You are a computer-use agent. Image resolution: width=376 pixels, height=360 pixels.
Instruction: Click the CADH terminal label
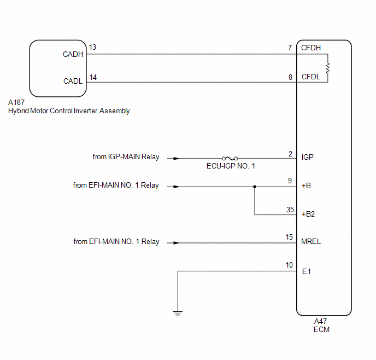pyautogui.click(x=73, y=54)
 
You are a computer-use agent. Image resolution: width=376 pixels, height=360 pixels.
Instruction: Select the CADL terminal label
pyautogui.click(x=73, y=81)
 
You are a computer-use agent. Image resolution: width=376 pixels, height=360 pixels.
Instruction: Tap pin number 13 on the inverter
pyautogui.click(x=92, y=47)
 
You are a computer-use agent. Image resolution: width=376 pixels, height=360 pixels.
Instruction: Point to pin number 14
pyautogui.click(x=93, y=77)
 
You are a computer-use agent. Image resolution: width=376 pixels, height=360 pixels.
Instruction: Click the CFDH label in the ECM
pyautogui.click(x=311, y=48)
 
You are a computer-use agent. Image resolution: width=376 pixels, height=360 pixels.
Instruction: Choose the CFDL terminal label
pyautogui.click(x=311, y=77)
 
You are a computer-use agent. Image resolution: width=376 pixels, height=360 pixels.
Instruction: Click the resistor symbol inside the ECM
pyautogui.click(x=327, y=68)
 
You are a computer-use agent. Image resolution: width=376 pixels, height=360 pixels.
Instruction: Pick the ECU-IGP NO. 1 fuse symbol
pyautogui.click(x=230, y=159)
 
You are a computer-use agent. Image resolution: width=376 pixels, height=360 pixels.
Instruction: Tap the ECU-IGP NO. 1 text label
pyautogui.click(x=231, y=166)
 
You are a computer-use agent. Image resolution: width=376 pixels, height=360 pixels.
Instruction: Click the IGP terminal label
pyautogui.click(x=308, y=157)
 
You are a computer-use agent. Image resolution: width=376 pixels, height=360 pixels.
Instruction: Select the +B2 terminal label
pyautogui.click(x=308, y=214)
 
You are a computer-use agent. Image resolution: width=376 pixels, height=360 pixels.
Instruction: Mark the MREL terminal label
pyautogui.click(x=311, y=241)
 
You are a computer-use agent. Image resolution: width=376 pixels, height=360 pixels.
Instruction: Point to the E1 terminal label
pyautogui.click(x=307, y=272)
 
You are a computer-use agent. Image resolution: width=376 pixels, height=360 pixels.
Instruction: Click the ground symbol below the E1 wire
pyautogui.click(x=178, y=313)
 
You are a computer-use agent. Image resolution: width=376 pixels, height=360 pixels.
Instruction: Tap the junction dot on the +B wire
pyautogui.click(x=255, y=187)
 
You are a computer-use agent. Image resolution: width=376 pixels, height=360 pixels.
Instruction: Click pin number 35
pyautogui.click(x=290, y=210)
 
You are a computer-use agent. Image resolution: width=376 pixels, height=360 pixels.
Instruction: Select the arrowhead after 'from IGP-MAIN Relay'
pyautogui.click(x=176, y=159)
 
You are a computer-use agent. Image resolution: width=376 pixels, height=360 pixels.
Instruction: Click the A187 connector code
pyautogui.click(x=16, y=102)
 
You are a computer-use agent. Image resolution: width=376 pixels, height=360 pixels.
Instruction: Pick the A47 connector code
pyautogui.click(x=320, y=321)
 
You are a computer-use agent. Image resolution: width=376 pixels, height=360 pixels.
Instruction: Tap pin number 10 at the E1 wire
pyautogui.click(x=289, y=265)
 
